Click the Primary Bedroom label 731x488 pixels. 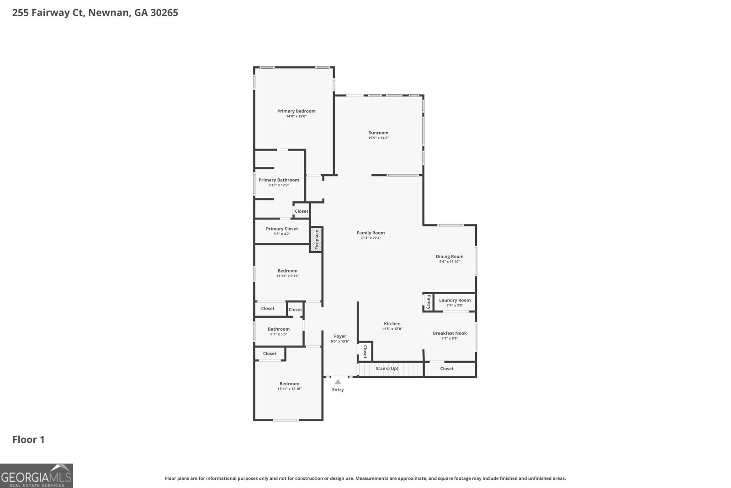tap(296, 111)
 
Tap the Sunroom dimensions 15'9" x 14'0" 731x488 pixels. tap(378, 138)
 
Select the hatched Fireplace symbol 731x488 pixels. tap(316, 240)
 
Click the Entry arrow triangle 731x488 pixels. tap(338, 382)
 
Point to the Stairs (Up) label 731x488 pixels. tap(387, 369)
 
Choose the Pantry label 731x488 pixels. tap(429, 302)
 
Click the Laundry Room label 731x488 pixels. tap(455, 300)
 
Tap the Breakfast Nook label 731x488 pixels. tap(450, 333)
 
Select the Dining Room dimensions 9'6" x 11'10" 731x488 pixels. tap(450, 262)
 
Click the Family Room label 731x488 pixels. tap(371, 233)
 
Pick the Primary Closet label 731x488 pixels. tap(282, 229)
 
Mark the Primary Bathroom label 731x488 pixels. tap(279, 180)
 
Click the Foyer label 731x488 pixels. tap(340, 336)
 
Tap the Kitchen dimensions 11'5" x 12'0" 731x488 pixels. tap(392, 329)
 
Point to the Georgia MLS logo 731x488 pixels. tap(37, 476)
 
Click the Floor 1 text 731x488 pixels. tap(28, 440)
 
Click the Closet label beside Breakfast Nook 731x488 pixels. tap(447, 369)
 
